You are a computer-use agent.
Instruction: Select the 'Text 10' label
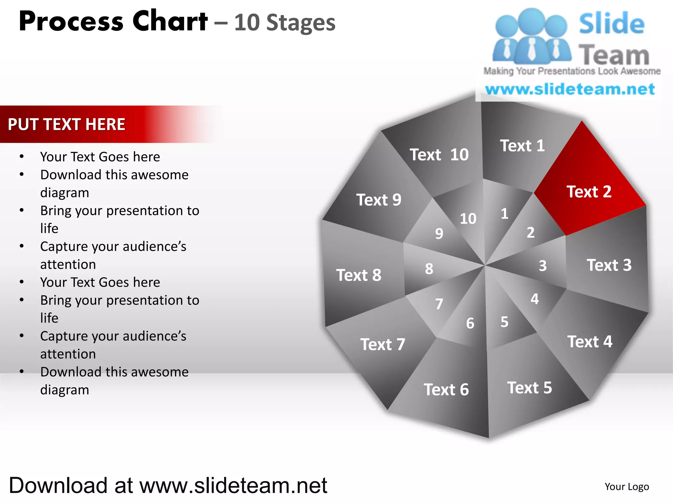[439, 155]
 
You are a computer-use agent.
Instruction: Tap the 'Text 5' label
[529, 388]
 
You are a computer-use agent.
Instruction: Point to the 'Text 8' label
[359, 275]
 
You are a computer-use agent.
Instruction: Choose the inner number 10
[468, 219]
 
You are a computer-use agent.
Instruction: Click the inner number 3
[543, 265]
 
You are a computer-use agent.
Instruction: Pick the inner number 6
[470, 323]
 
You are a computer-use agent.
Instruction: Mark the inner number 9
[439, 233]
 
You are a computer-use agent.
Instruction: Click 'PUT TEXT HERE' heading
[66, 124]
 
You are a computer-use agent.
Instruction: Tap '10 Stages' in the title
[285, 23]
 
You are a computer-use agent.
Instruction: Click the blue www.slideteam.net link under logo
[570, 89]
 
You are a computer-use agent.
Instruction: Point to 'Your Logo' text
[627, 486]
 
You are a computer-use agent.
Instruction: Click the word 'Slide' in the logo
[612, 23]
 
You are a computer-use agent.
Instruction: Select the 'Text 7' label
[383, 344]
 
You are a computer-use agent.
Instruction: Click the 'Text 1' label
[522, 146]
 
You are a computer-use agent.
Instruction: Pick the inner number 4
[535, 299]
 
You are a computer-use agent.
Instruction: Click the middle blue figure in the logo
[531, 36]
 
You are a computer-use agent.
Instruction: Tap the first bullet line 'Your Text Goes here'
[100, 157]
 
